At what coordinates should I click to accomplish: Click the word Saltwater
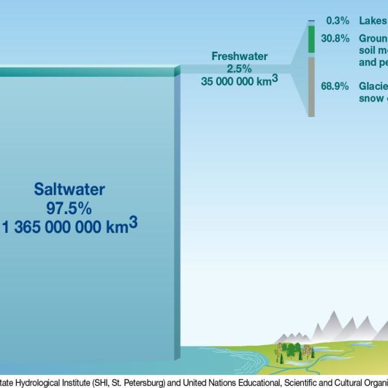click(x=69, y=189)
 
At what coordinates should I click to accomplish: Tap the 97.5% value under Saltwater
click(x=69, y=208)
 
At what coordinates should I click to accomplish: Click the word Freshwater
click(x=239, y=56)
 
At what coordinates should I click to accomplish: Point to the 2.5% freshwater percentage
click(x=239, y=69)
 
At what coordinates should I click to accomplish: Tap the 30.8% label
click(x=336, y=38)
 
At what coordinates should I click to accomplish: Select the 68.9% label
click(x=336, y=86)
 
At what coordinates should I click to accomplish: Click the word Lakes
click(x=373, y=21)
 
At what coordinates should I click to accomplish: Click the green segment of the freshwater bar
click(x=312, y=39)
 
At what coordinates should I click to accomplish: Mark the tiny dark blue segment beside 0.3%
click(x=312, y=21)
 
